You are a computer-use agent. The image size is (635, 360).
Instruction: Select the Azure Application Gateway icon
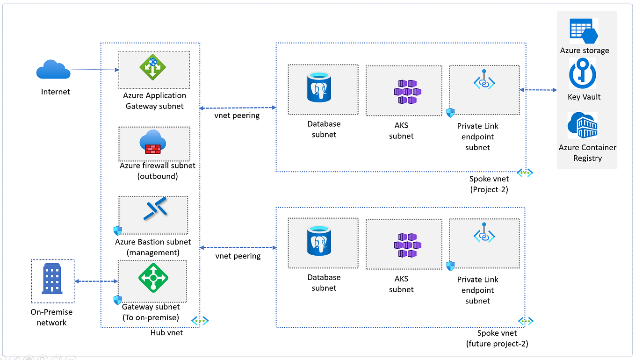point(153,67)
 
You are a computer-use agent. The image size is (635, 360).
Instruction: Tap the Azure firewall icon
point(153,142)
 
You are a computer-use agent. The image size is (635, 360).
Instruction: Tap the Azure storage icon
point(584,31)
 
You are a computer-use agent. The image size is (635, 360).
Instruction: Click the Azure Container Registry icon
point(582,125)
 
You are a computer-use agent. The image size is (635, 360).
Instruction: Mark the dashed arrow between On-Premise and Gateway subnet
point(96,281)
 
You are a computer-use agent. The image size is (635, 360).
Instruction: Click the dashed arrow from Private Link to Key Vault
point(538,90)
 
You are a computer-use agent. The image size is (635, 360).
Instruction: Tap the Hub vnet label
point(166,333)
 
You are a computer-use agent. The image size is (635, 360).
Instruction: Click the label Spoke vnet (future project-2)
point(497,338)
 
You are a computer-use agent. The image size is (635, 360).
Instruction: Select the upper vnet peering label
point(237,115)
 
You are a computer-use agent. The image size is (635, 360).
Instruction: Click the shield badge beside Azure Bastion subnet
point(117,230)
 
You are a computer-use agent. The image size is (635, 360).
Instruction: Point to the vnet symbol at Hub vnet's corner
point(200,320)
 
